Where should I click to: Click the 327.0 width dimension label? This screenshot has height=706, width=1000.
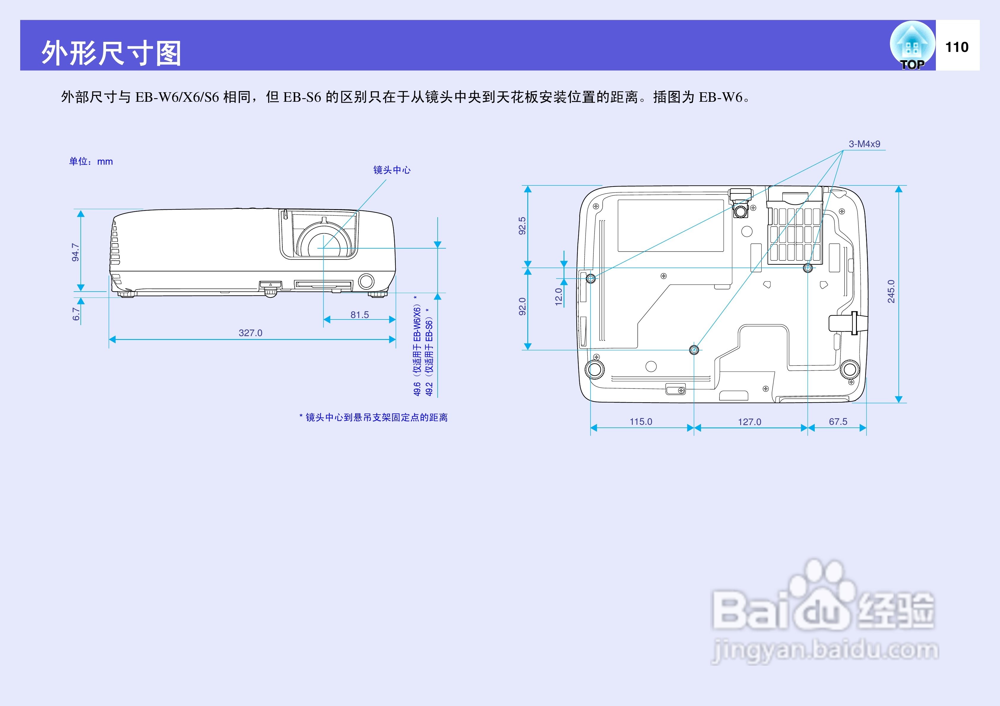(x=250, y=333)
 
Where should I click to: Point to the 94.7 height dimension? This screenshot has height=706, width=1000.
(x=76, y=252)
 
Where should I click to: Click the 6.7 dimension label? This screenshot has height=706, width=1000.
(x=76, y=314)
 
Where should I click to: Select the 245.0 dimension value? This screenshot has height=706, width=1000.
(x=891, y=291)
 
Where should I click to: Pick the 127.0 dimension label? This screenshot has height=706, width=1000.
(x=749, y=422)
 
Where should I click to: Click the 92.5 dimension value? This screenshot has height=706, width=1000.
(x=522, y=226)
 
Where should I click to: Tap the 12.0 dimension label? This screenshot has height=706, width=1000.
(x=559, y=297)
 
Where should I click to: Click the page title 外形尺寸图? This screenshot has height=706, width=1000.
(x=111, y=53)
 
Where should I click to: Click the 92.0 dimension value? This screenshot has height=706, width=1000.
(x=522, y=306)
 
